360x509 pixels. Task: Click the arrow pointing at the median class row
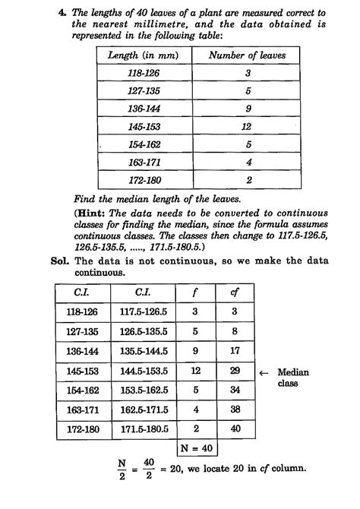click(264, 373)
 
